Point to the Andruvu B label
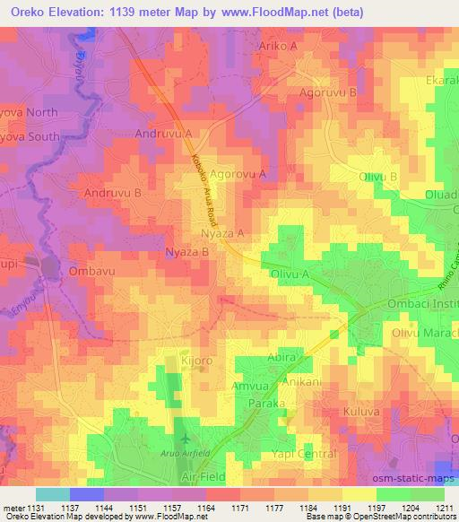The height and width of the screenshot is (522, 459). [x=112, y=193]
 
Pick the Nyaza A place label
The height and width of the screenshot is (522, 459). [x=223, y=233]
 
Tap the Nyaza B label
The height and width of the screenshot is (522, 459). [x=187, y=253]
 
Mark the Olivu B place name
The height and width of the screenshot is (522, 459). [x=378, y=178]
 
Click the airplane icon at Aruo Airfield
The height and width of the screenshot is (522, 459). [x=186, y=439]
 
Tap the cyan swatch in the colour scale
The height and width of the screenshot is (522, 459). [x=52, y=494]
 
